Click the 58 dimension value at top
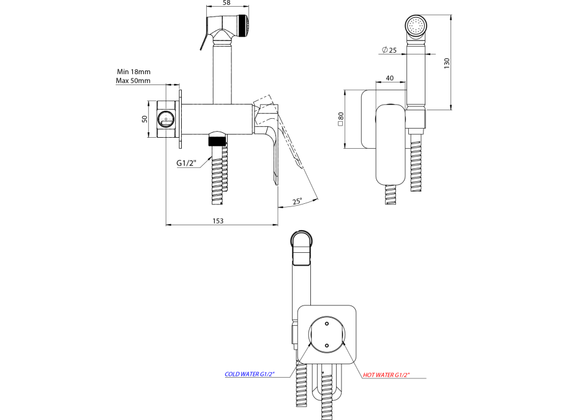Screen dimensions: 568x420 [x=226, y=3]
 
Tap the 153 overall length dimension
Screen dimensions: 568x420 [x=218, y=220]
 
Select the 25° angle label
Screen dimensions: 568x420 [x=297, y=201]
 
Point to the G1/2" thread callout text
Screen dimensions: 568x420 [x=186, y=163]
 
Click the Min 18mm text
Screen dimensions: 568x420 [x=133, y=72]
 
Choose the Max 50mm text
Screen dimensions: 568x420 [x=133, y=80]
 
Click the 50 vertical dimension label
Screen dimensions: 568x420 [x=144, y=119]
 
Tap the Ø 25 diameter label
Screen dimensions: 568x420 [x=389, y=50]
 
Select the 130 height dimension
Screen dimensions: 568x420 [x=447, y=63]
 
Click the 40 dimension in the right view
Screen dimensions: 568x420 [x=390, y=78]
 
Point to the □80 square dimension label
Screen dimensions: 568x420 [x=340, y=119]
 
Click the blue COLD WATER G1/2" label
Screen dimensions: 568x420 [x=250, y=374]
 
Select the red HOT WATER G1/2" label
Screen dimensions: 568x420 [x=386, y=375]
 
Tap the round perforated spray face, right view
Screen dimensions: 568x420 [x=416, y=26]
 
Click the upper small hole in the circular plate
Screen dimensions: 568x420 [x=327, y=323]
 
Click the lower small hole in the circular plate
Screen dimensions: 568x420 [x=327, y=346]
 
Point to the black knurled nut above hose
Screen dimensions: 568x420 [x=218, y=139]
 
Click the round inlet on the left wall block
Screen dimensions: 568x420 [x=165, y=119]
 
